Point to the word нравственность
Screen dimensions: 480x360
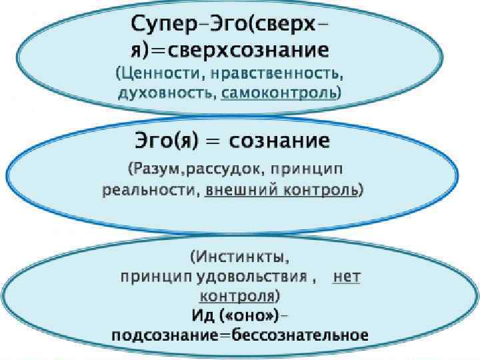[x=281, y=72]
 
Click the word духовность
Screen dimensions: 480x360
[x=167, y=93]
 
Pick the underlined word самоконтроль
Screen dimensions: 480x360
[x=279, y=93]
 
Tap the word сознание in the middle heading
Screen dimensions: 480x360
[x=279, y=142]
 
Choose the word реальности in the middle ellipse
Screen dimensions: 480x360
[x=149, y=190]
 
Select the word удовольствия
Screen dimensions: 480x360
[x=267, y=276]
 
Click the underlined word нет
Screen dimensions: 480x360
[x=346, y=276]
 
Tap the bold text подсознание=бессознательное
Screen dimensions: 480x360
[x=240, y=335]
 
